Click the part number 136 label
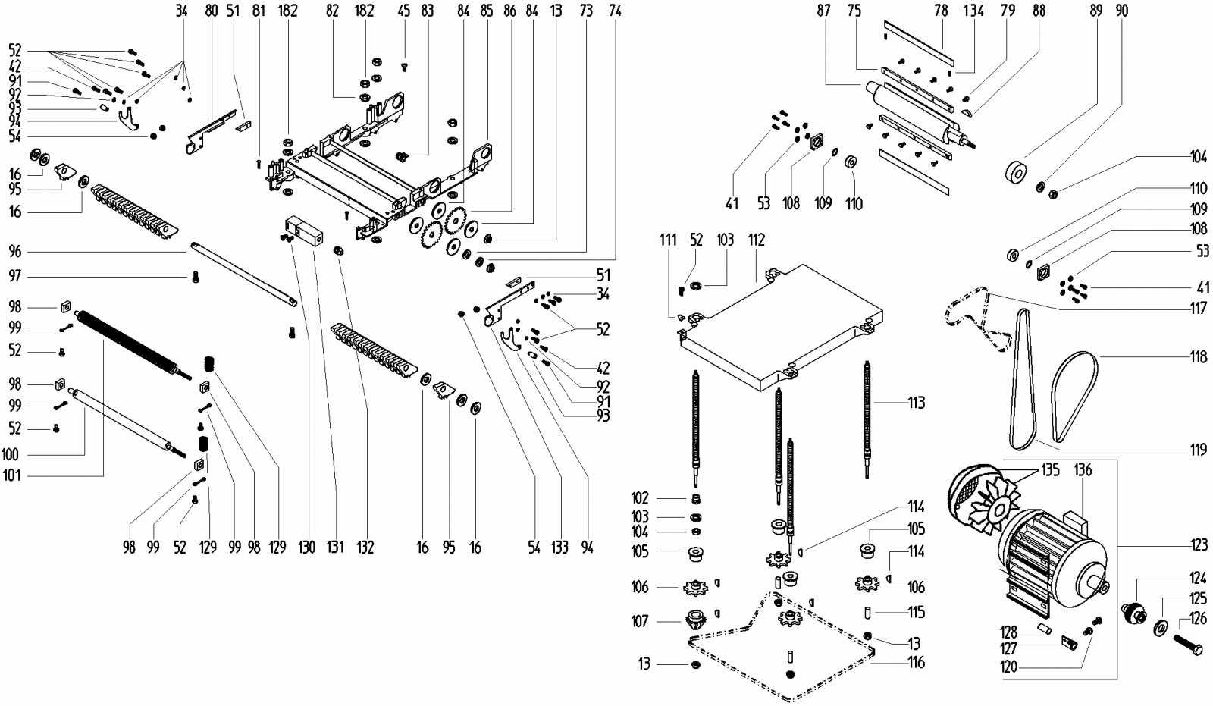click(1083, 471)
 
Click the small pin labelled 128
click(1045, 628)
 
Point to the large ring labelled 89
click(1017, 172)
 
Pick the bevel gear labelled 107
click(694, 620)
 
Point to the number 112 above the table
click(756, 240)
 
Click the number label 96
click(15, 251)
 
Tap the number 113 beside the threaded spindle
click(916, 403)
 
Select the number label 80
click(211, 11)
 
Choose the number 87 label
click(823, 11)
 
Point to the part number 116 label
click(916, 663)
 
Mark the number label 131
click(336, 547)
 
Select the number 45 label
click(404, 11)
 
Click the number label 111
click(668, 240)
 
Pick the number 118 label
click(1198, 356)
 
